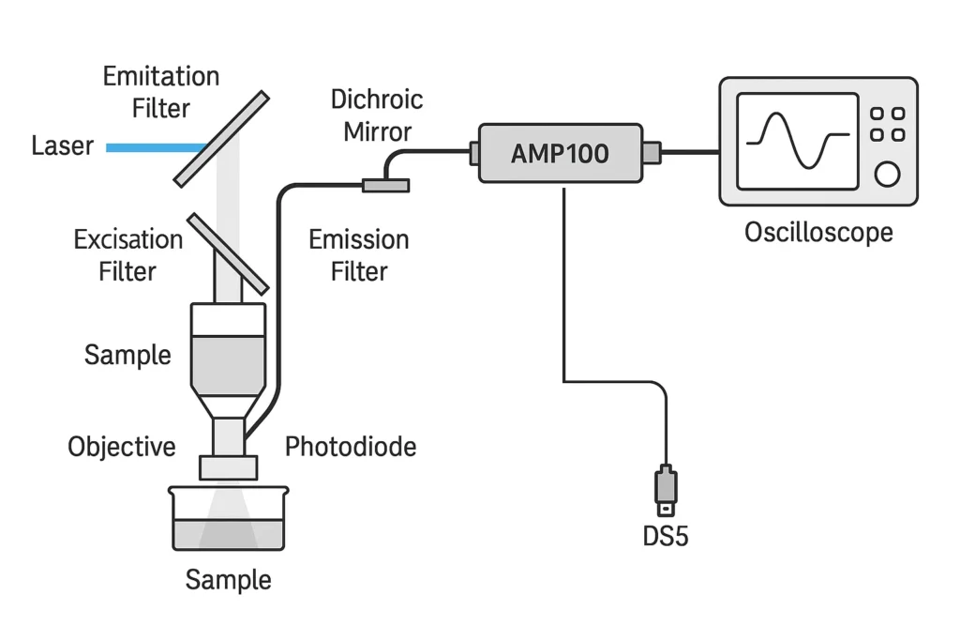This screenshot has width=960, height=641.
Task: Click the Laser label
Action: [62, 146]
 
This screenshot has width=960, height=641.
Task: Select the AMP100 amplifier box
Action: [560, 153]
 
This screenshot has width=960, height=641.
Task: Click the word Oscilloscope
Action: [818, 232]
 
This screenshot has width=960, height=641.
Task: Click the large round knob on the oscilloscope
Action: [886, 174]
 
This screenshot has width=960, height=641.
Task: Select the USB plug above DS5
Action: [665, 489]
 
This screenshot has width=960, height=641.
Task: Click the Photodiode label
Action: [351, 446]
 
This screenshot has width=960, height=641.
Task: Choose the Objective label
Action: [121, 447]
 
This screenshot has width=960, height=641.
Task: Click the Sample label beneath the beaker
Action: [228, 579]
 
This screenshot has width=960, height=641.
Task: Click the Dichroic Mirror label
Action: [377, 114]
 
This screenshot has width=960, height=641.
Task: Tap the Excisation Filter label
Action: [128, 255]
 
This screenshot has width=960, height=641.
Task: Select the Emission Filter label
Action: [359, 255]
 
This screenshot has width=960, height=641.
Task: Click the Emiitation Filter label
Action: [161, 92]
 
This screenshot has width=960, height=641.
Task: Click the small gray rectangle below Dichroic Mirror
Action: [386, 186]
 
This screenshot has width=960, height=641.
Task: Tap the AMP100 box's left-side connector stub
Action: [473, 150]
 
